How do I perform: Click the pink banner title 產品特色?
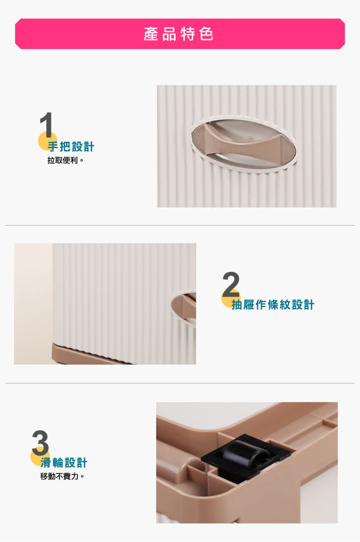(x=179, y=34)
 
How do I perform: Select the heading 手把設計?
(x=71, y=147)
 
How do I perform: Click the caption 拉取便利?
(x=65, y=160)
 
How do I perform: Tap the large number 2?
(x=231, y=285)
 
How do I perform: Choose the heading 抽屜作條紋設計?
(x=273, y=305)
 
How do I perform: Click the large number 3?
(x=40, y=443)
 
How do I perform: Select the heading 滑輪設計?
(x=63, y=463)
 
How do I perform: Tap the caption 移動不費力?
(x=62, y=476)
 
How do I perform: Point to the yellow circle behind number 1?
(x=48, y=141)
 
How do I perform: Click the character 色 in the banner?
(x=207, y=34)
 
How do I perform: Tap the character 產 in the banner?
(x=151, y=34)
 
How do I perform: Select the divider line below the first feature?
(x=180, y=225)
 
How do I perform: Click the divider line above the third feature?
(x=180, y=383)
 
